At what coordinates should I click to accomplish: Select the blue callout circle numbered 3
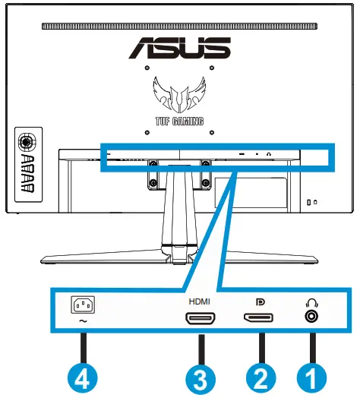[201, 374]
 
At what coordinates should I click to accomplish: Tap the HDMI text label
[201, 301]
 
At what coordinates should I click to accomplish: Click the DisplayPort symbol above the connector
[258, 301]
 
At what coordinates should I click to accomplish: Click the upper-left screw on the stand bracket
[153, 162]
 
